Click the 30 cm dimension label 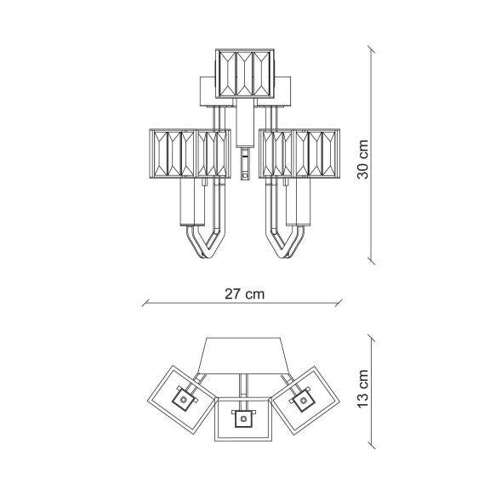(x=363, y=159)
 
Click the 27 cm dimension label (x=245, y=294)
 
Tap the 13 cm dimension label (x=363, y=389)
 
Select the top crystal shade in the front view (x=245, y=73)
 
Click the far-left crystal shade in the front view (x=172, y=153)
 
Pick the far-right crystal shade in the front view (x=317, y=153)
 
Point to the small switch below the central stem (x=245, y=164)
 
